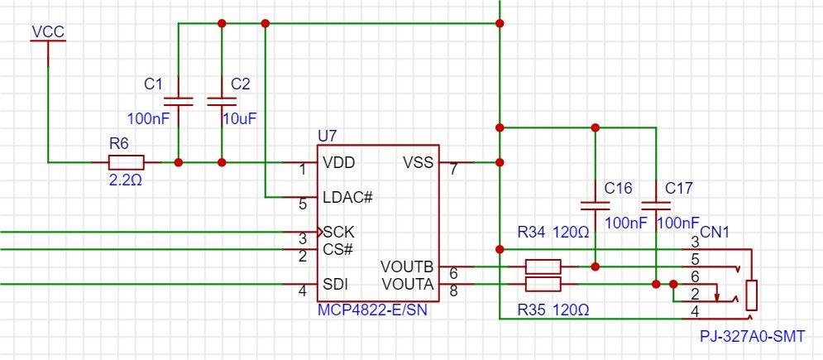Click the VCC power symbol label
[48, 32]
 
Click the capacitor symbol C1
[179, 101]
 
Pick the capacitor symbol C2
[222, 101]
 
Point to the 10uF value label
[240, 118]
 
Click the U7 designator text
[328, 136]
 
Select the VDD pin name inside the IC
[339, 163]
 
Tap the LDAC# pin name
[348, 198]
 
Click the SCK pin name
[339, 232]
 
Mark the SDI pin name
[336, 284]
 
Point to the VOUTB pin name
[407, 266]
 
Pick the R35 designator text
[531, 310]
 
